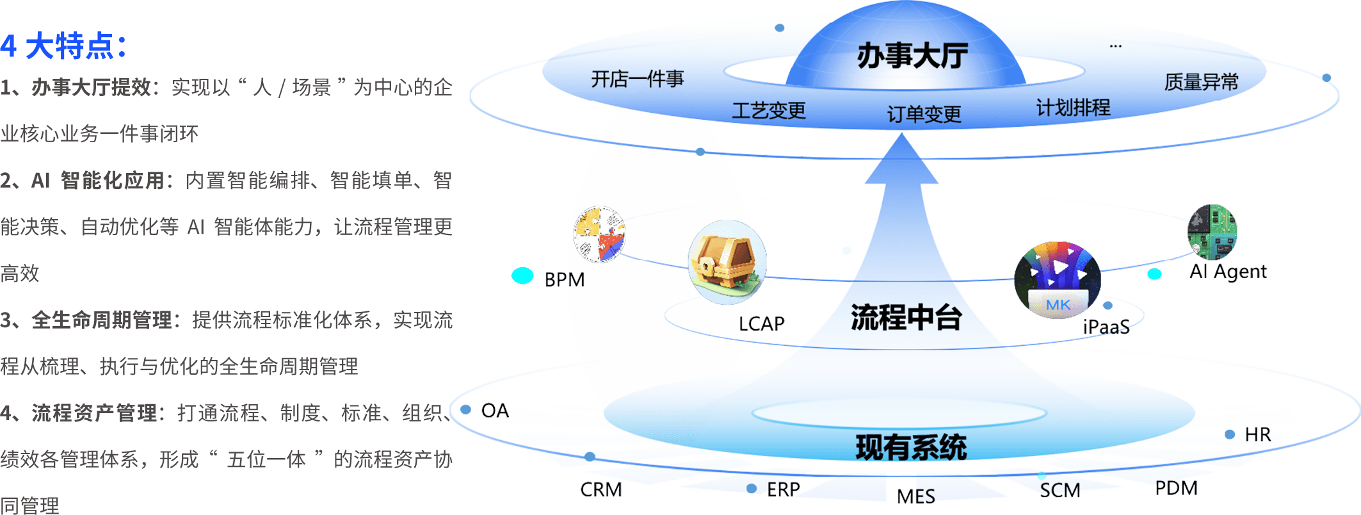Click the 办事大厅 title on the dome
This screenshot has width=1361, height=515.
point(912,56)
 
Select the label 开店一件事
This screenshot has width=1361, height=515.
point(637,79)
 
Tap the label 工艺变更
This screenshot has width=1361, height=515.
point(768,111)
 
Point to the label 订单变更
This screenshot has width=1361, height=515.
point(924,115)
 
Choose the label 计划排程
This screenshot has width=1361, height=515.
point(1073,108)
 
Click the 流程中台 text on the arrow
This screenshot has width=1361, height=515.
point(906,317)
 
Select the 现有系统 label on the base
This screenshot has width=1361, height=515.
point(911,447)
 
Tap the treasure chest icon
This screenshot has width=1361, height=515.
point(726,263)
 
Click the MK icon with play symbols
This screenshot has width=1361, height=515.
point(1057,279)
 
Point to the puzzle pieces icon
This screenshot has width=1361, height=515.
point(599,234)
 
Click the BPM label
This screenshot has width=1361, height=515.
point(564,280)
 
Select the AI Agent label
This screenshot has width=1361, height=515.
point(1228,272)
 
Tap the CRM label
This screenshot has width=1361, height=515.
point(600,490)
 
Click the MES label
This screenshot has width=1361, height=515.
point(915,496)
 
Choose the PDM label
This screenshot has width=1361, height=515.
point(1176,489)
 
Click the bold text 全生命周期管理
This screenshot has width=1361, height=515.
point(102,320)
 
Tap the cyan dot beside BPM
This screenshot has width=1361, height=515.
point(522,275)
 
